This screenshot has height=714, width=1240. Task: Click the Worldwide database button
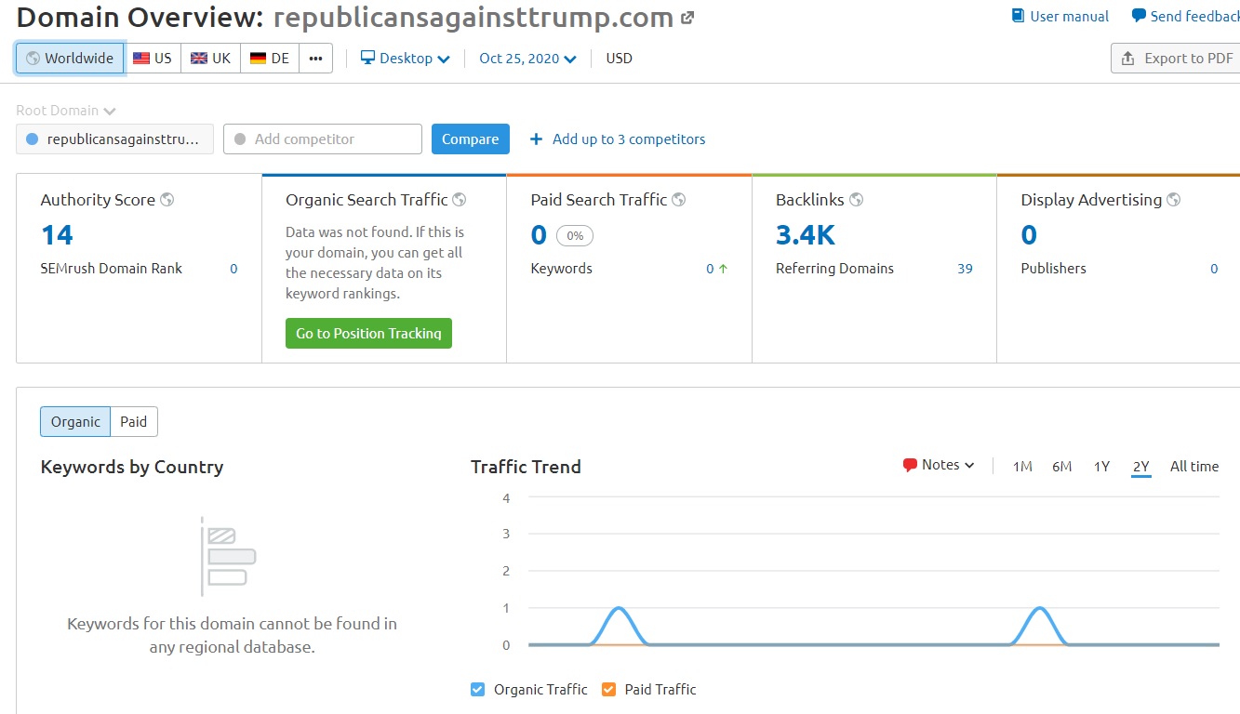coord(70,58)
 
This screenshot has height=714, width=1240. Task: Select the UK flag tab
coord(210,58)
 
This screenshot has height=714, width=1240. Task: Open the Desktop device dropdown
coord(405,58)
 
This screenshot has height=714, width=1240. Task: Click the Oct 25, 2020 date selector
coord(527,58)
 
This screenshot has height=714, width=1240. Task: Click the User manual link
coord(1060,16)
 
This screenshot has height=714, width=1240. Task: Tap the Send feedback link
coord(1185,16)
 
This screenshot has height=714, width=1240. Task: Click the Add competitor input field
coord(323,139)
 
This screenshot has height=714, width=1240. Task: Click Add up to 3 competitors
coord(618,139)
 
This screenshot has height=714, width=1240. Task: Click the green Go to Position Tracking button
coord(368,333)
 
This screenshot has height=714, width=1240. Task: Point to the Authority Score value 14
coord(57,235)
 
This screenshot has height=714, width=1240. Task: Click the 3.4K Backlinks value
coord(806,235)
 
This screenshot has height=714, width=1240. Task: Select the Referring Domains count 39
coord(965,269)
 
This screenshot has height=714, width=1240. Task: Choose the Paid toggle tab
coord(134,421)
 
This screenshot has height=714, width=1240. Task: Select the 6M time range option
coord(1061,467)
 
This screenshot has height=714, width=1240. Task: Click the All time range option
coord(1193,467)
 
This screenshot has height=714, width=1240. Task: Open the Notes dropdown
coord(939,465)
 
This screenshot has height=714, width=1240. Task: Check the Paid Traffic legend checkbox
coord(608,690)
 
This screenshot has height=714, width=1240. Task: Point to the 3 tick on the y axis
coord(506,534)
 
